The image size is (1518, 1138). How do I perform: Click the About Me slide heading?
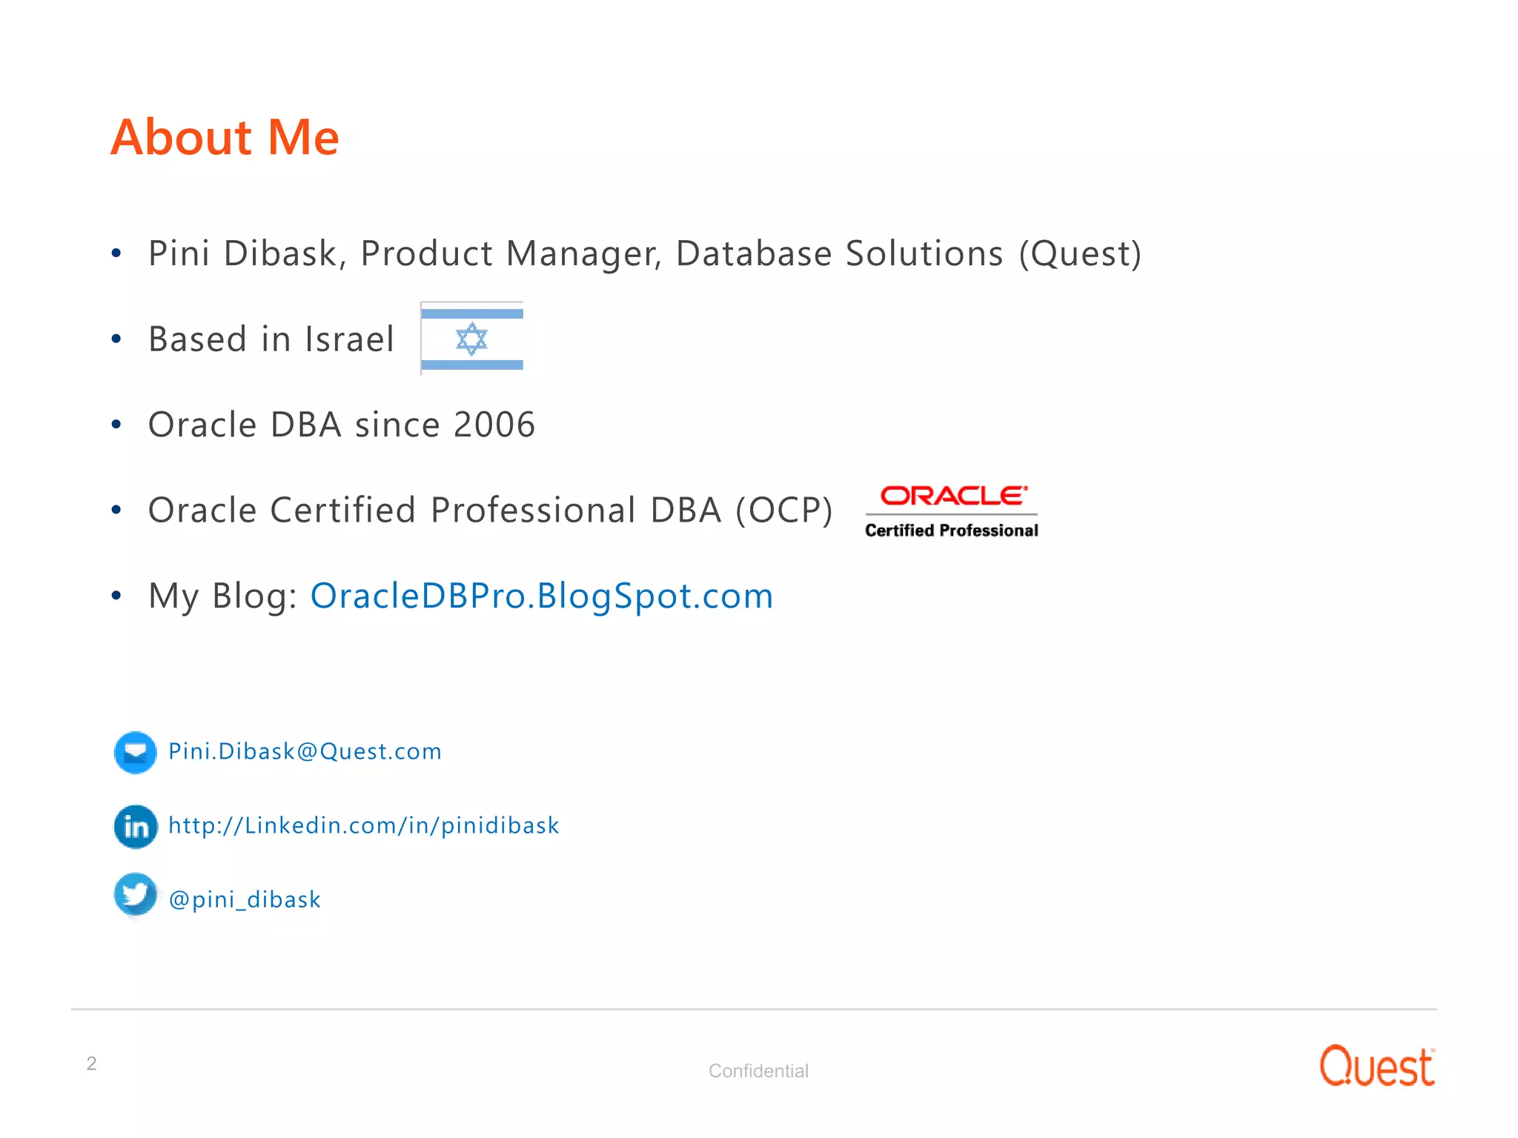[x=225, y=138]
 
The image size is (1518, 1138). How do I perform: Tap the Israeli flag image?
[x=472, y=339]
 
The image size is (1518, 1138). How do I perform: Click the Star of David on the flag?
[x=471, y=339]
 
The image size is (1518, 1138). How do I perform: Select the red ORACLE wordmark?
[x=953, y=496]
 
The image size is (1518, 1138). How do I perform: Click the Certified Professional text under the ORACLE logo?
[x=951, y=530]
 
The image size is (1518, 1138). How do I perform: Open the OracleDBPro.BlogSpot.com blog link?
[x=541, y=596]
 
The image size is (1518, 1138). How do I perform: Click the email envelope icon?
[x=135, y=753]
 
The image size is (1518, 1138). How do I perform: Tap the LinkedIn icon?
[x=136, y=826]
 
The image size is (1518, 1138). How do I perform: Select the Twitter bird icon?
[x=135, y=895]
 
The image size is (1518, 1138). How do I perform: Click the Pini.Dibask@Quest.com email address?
[x=305, y=751]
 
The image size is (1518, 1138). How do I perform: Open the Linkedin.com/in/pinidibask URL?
[x=363, y=825]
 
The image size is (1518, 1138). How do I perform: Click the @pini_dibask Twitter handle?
[x=245, y=899]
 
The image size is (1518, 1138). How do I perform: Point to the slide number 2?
[x=91, y=1063]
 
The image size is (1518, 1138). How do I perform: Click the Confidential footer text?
[x=758, y=1071]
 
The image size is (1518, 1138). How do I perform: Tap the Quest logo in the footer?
[x=1376, y=1067]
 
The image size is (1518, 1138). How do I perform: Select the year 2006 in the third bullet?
[x=494, y=425]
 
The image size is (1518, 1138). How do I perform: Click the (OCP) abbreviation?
[x=784, y=510]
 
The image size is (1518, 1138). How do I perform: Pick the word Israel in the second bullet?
[x=349, y=339]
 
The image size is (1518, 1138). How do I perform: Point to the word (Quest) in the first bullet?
[x=1080, y=253]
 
